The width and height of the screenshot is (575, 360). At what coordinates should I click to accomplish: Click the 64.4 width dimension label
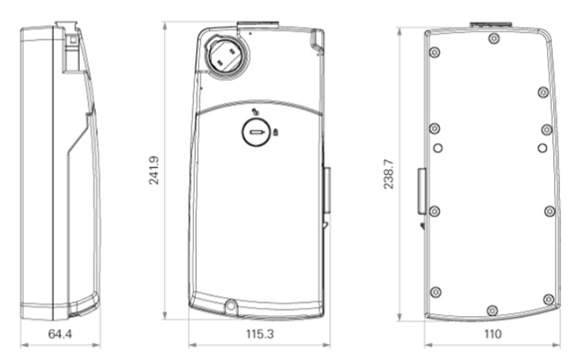point(60,334)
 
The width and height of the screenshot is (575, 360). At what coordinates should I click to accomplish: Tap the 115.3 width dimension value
point(260,334)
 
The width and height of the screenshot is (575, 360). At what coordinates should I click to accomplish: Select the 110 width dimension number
point(492,334)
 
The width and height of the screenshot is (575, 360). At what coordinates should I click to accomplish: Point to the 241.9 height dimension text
point(154,170)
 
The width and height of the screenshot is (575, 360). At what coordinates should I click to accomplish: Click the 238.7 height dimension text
point(389,174)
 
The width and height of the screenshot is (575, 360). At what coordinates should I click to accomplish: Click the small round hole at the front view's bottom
point(231,305)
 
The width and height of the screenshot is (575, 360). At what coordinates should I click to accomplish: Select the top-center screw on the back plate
point(494,38)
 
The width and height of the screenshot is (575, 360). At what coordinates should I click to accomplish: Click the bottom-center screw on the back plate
point(492,310)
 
